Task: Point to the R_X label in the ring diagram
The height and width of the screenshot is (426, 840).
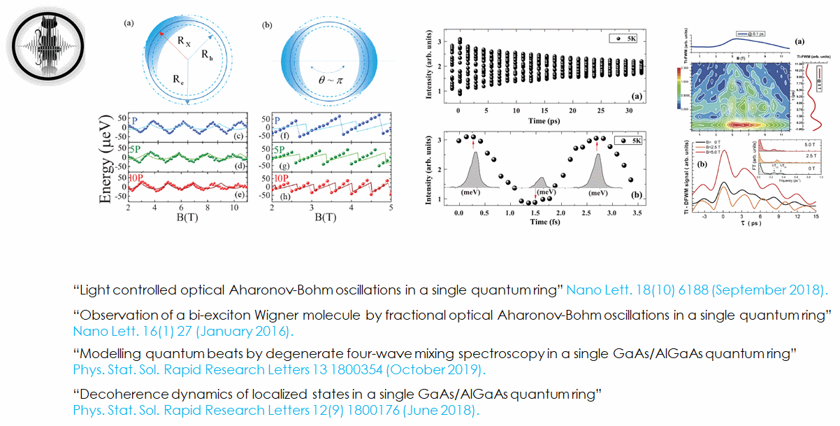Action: pyautogui.click(x=182, y=42)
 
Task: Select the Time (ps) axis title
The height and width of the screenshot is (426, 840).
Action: pyautogui.click(x=535, y=120)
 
